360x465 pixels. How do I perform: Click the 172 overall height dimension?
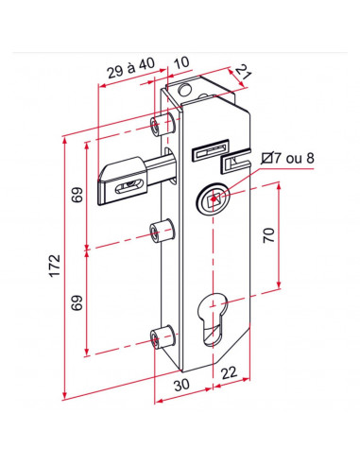point(55,266)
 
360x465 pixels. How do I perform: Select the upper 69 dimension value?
point(77,195)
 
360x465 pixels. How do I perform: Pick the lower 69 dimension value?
point(77,302)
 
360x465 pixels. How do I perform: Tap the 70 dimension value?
point(268,235)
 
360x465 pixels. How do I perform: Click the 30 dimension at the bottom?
point(181,385)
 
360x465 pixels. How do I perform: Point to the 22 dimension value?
point(229,373)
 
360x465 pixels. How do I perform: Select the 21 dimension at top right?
point(244,73)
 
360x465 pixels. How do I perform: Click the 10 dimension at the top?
point(181,62)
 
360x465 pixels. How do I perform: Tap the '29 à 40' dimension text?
point(131,68)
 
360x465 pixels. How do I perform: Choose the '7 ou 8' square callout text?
point(294,158)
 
